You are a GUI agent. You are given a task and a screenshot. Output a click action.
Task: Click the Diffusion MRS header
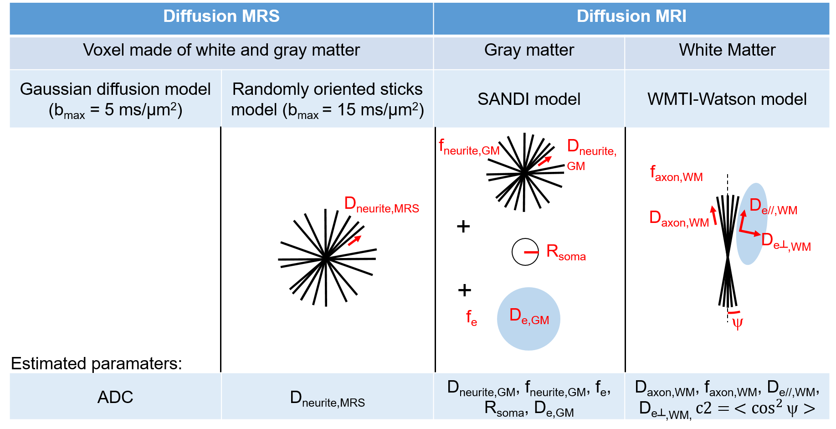pyautogui.click(x=221, y=16)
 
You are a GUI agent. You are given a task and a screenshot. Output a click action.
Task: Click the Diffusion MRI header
pyautogui.click(x=631, y=16)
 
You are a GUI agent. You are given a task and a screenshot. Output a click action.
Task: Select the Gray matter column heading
pyautogui.click(x=529, y=50)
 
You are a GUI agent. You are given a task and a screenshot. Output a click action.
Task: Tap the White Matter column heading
pyautogui.click(x=727, y=50)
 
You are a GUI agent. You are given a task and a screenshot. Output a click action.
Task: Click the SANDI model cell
pyautogui.click(x=529, y=99)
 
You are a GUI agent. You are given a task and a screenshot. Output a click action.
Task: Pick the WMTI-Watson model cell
pyautogui.click(x=727, y=99)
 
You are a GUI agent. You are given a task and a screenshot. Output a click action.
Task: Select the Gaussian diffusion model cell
pyautogui.click(x=115, y=99)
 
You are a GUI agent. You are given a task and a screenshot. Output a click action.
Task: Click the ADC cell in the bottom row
pyautogui.click(x=115, y=397)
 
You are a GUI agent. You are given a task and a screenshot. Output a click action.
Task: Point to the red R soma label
pyautogui.click(x=566, y=252)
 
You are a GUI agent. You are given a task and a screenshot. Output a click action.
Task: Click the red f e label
pyautogui.click(x=472, y=317)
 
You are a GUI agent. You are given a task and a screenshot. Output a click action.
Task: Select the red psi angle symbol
pyautogui.click(x=738, y=323)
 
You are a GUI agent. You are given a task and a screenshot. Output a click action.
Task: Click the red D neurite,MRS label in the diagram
pyautogui.click(x=381, y=205)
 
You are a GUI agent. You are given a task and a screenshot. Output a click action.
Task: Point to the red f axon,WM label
pyautogui.click(x=676, y=174)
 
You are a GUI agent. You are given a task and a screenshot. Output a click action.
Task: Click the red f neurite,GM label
pyautogui.click(x=469, y=147)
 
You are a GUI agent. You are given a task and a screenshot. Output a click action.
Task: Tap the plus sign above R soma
pyautogui.click(x=463, y=226)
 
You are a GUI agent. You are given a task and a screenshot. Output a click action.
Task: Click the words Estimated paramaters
pyautogui.click(x=96, y=363)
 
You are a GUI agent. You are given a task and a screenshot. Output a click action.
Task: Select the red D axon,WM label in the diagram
pyautogui.click(x=679, y=219)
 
